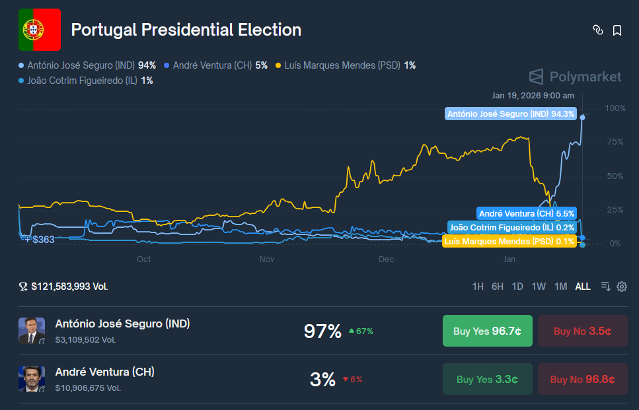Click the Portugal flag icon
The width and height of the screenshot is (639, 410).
pos(40,30)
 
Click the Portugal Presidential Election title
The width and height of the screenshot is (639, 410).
pos(186,30)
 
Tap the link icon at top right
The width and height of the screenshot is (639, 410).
pos(597,30)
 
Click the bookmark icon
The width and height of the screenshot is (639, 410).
pos(617,30)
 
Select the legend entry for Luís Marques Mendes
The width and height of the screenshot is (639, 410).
pos(346,65)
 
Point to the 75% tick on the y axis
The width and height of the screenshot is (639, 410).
pos(615,142)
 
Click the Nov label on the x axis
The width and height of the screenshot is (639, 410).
pos(266,259)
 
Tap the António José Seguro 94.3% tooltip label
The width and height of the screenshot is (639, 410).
pos(511,114)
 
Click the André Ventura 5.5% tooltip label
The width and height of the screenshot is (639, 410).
pos(526,213)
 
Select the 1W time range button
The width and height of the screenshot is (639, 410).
pos(539,287)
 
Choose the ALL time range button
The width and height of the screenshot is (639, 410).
pos(583,287)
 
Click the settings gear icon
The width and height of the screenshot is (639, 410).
pos(622,287)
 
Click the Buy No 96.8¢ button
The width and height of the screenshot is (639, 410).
pos(582,380)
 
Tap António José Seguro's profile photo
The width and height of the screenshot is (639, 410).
pos(32,331)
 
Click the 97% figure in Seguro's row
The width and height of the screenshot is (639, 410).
pos(322,331)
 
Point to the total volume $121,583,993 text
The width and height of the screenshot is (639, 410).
pos(69,287)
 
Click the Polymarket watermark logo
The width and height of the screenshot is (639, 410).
pos(576,77)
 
